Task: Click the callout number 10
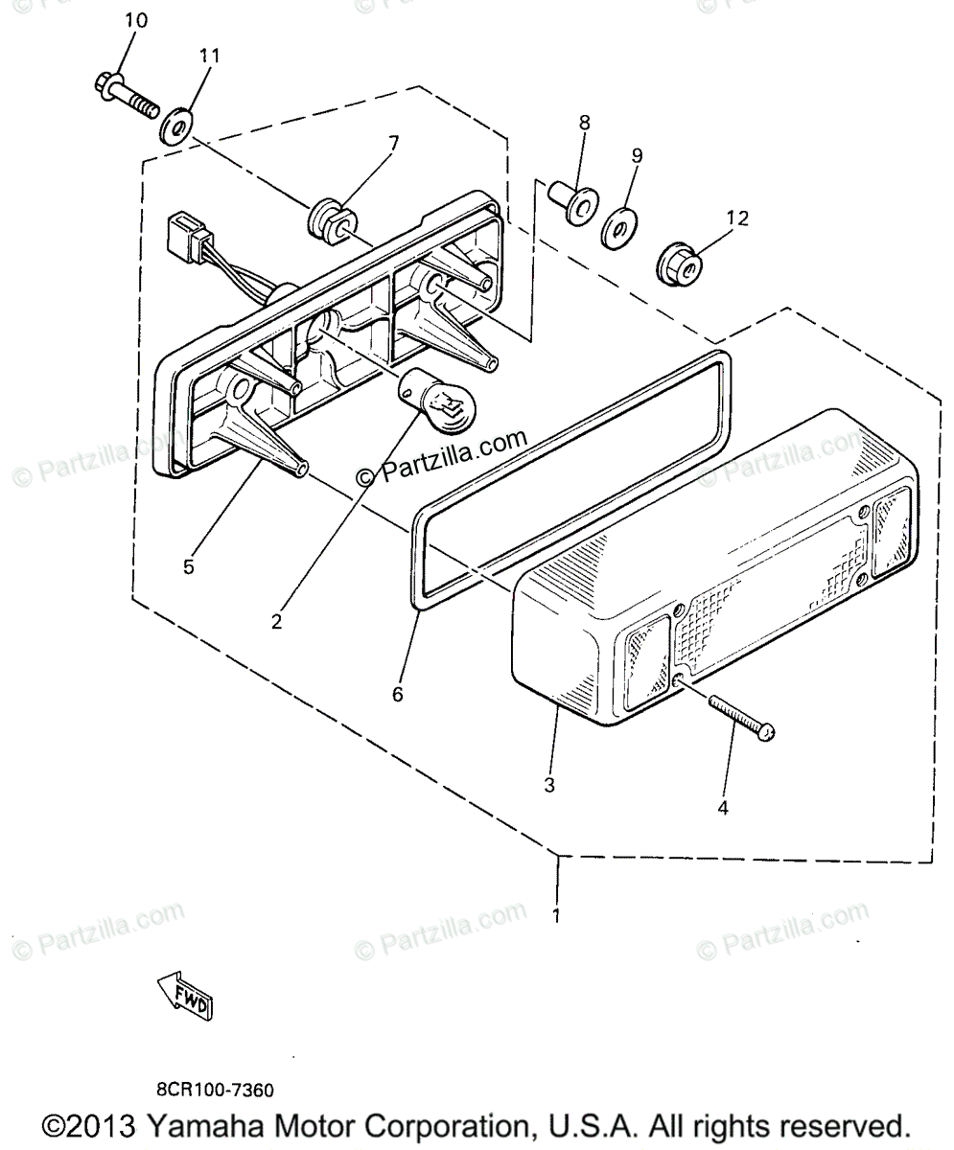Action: click(135, 20)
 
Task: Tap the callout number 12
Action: click(736, 218)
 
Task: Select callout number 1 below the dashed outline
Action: click(555, 914)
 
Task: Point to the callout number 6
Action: click(397, 693)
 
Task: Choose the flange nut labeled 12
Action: click(677, 262)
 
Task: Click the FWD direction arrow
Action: click(185, 994)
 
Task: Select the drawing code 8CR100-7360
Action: click(216, 1091)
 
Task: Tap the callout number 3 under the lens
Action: click(548, 785)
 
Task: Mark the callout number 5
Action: click(188, 566)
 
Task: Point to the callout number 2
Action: click(276, 620)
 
